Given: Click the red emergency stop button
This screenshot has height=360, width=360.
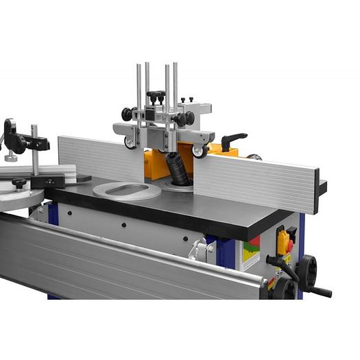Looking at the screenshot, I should (x=289, y=245).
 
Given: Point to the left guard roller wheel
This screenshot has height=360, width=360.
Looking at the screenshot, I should (x=130, y=143).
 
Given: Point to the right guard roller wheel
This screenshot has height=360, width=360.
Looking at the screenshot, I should (x=200, y=152).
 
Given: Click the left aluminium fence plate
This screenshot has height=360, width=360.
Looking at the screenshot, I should (x=99, y=157).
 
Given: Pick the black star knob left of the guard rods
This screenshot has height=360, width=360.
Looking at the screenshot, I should (x=127, y=114).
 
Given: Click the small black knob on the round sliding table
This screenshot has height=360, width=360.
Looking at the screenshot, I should (x=19, y=183).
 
